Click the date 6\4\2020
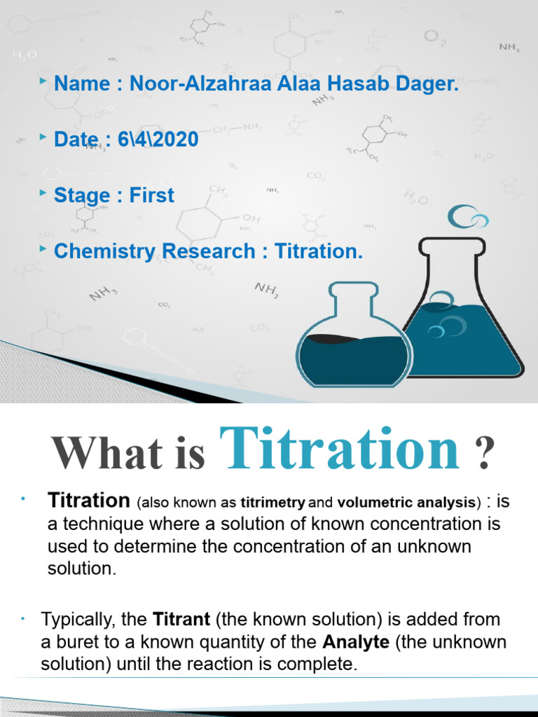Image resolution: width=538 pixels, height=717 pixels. (x=158, y=140)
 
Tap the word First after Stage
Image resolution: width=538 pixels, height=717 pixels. (x=151, y=195)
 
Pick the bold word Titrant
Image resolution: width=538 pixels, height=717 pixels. (x=182, y=619)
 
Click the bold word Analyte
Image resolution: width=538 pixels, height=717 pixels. (x=356, y=642)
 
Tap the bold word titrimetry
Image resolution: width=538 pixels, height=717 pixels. (x=273, y=503)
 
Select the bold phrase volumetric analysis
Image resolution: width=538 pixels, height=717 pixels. (x=406, y=503)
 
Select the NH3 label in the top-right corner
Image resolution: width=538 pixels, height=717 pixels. (x=509, y=47)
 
